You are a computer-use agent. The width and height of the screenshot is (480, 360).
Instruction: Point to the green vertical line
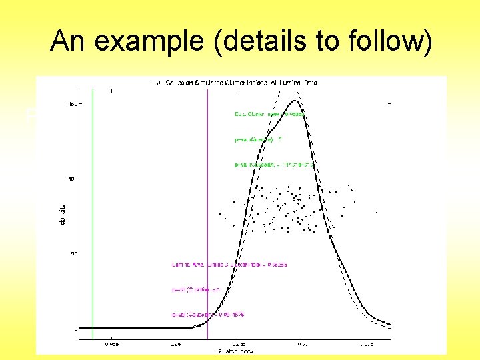click(93, 200)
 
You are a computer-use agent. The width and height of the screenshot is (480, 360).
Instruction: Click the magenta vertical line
click(208, 200)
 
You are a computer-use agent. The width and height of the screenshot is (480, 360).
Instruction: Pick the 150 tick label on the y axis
click(74, 103)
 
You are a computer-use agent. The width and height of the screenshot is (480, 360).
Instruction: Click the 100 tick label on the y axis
click(74, 179)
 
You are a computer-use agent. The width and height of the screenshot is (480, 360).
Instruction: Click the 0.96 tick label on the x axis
click(176, 344)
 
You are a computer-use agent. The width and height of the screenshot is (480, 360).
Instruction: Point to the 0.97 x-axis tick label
click(303, 344)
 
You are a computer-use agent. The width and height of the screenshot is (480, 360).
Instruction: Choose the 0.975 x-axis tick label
click(367, 344)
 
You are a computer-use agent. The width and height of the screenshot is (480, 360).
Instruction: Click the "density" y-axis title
click(62, 214)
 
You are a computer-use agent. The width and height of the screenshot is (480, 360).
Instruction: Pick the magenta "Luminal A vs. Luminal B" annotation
click(221, 265)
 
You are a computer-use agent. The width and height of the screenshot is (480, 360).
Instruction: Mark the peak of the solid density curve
click(295, 101)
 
